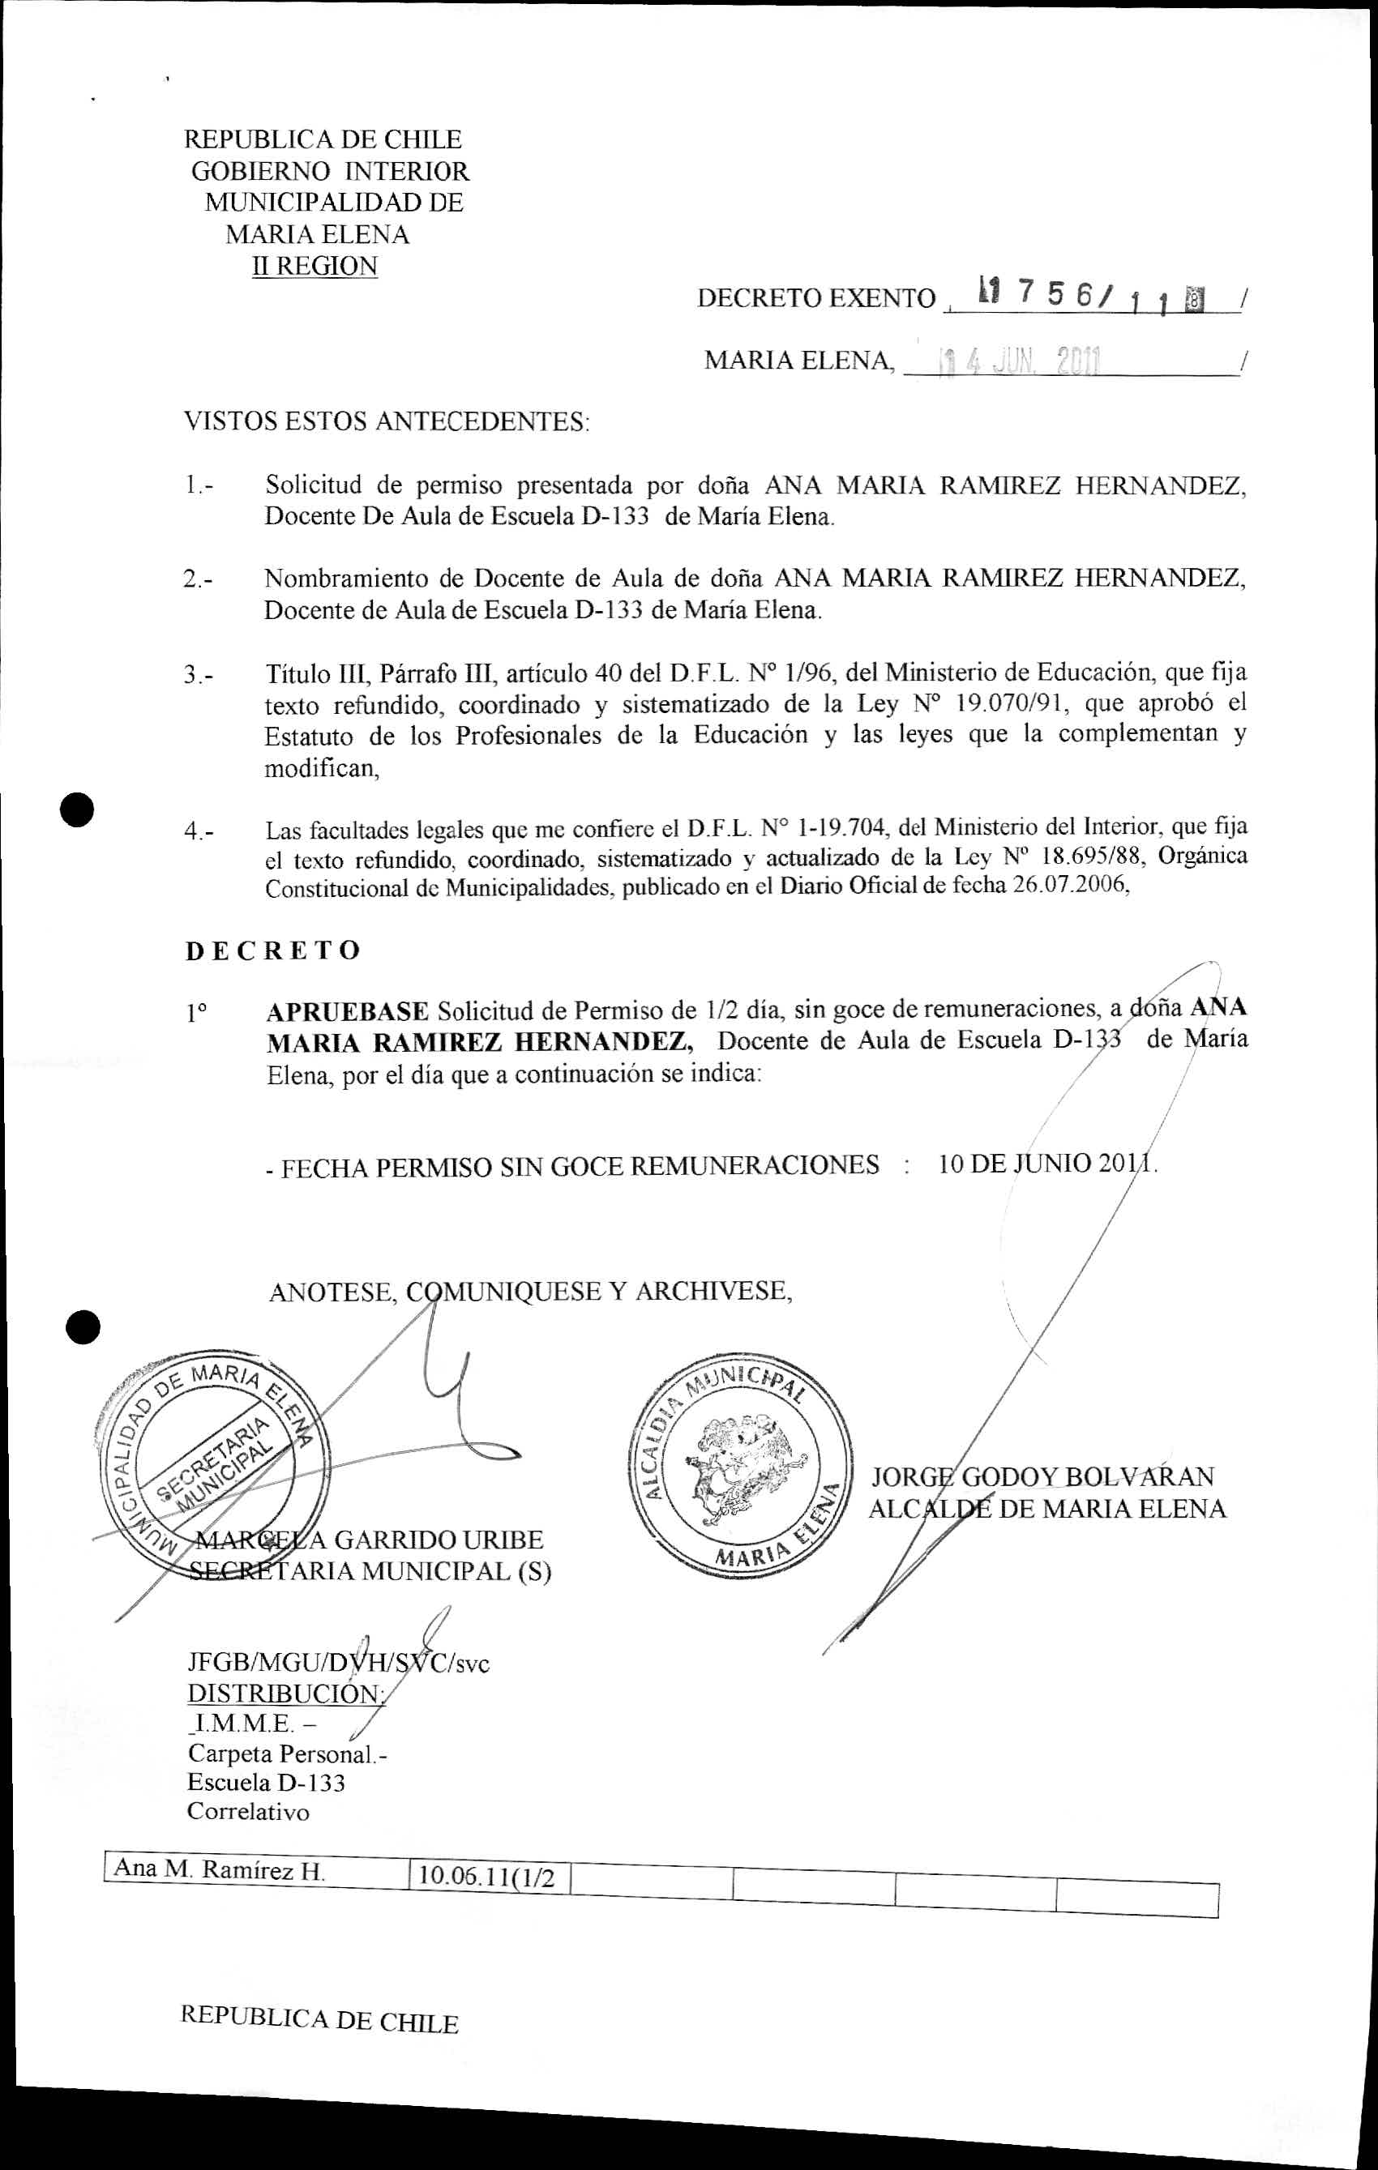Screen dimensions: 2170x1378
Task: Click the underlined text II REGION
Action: [x=315, y=267]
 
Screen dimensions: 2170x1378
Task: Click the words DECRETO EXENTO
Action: [x=815, y=298]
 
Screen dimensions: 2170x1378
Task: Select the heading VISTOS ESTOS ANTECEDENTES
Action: [x=387, y=421]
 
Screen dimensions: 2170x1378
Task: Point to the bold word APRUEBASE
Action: [x=348, y=1011]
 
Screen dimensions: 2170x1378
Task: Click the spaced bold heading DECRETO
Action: [x=273, y=950]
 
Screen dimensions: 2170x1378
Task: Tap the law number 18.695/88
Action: [x=1087, y=855]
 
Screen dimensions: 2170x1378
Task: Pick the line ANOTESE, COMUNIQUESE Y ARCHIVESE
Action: [x=530, y=1292]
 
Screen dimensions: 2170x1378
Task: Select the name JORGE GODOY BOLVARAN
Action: [x=1042, y=1476]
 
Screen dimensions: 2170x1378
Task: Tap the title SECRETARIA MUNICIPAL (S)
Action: [x=370, y=1572]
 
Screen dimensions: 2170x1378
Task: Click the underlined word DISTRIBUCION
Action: [x=285, y=1694]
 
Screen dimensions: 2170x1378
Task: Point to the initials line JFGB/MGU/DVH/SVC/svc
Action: [x=338, y=1663]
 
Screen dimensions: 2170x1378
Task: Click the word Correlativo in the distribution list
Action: [x=248, y=1786]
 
